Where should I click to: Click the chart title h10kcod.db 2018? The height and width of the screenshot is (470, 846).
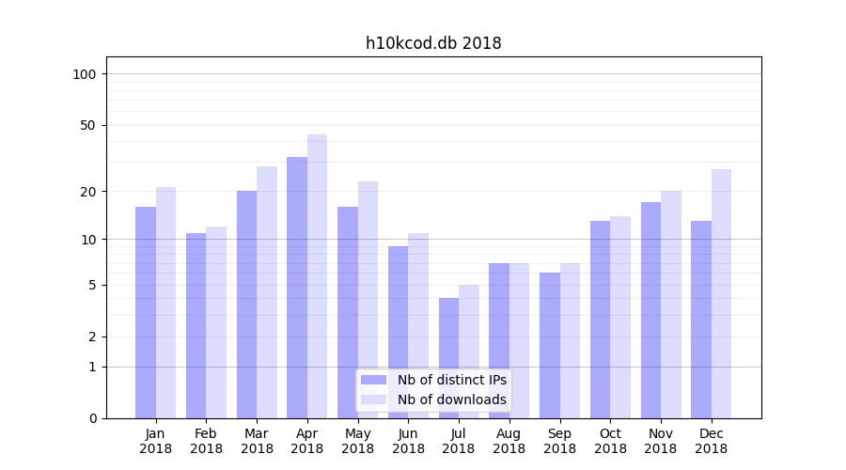click(x=433, y=43)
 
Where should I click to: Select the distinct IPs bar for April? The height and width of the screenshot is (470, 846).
click(x=297, y=288)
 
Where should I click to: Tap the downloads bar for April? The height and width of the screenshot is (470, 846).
click(x=318, y=276)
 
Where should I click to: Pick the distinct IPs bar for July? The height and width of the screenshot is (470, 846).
click(x=448, y=358)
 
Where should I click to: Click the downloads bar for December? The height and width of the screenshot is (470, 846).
click(x=721, y=293)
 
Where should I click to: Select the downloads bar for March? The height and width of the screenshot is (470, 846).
click(x=267, y=292)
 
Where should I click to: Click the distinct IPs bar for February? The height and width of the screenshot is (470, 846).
click(x=196, y=325)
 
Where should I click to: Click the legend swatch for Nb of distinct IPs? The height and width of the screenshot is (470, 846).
click(x=374, y=380)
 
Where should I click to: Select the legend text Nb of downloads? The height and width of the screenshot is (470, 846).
click(x=452, y=399)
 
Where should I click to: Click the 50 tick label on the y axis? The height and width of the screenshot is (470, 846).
click(x=88, y=125)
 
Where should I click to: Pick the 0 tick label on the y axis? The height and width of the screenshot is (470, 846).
click(x=92, y=418)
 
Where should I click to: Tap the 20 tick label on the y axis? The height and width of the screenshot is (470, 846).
click(x=88, y=192)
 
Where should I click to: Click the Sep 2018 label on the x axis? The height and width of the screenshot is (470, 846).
click(x=559, y=441)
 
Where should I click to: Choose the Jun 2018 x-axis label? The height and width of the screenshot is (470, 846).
click(x=408, y=441)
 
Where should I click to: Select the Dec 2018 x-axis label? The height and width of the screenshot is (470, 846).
click(x=711, y=441)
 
